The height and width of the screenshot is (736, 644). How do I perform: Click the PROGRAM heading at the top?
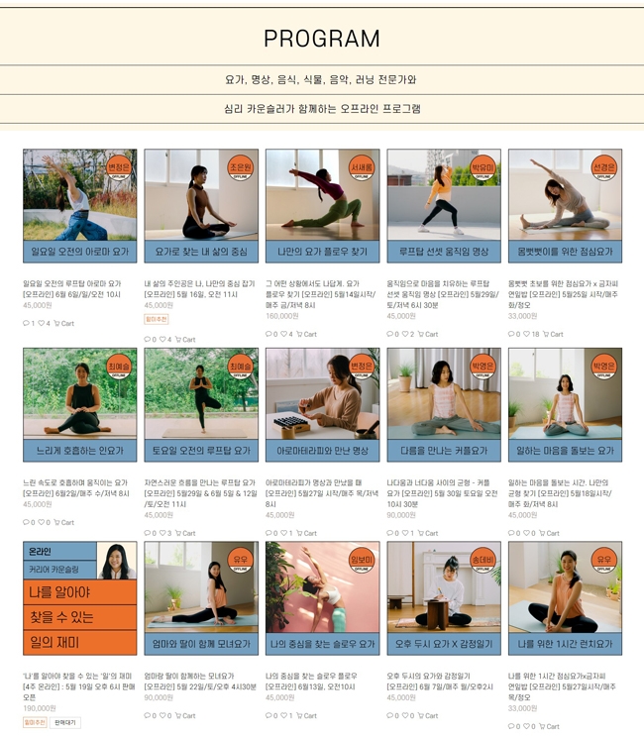(322, 39)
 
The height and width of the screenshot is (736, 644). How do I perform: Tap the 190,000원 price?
(40, 708)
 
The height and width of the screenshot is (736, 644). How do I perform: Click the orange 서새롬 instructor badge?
(362, 167)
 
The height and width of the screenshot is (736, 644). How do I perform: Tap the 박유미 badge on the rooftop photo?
(483, 167)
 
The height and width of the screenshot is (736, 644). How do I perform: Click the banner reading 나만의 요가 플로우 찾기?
(322, 252)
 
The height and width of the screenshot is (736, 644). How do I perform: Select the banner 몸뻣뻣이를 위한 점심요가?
(565, 252)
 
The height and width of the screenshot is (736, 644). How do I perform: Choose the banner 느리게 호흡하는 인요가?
(79, 451)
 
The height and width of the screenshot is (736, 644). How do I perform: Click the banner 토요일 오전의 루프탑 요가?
(201, 451)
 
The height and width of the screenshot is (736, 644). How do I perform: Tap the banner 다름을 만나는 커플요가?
(444, 451)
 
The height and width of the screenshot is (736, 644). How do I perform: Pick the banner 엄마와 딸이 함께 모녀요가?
(201, 644)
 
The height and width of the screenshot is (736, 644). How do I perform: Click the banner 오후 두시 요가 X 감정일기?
(444, 644)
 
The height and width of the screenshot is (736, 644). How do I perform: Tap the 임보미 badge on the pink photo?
(362, 560)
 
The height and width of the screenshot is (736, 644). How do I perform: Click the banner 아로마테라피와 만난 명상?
(322, 451)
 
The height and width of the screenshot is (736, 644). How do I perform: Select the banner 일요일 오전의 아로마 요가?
(79, 252)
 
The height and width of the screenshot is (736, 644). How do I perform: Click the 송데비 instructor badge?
(483, 560)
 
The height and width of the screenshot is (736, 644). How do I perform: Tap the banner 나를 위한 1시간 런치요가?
(565, 644)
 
